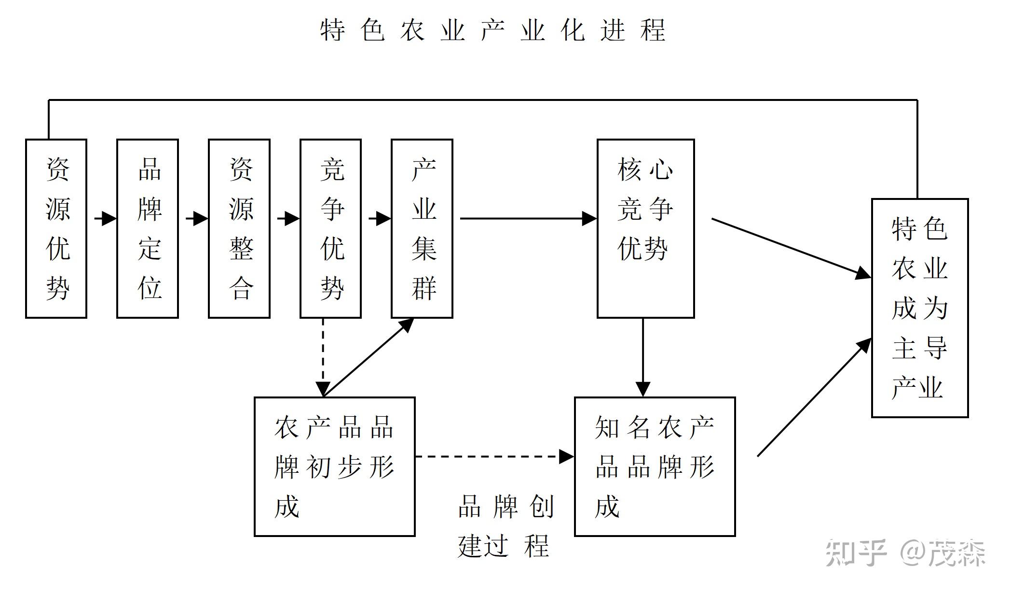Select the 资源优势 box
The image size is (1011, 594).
[x=56, y=228]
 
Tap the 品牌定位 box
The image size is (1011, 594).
[x=148, y=228]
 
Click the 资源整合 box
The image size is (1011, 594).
[x=239, y=228]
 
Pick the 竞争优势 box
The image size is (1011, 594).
[x=330, y=228]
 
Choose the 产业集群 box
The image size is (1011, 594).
[x=422, y=228]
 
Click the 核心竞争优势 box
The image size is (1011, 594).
[x=645, y=228]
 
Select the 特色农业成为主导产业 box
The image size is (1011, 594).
[x=920, y=308]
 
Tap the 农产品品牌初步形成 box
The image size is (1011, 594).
[x=335, y=467]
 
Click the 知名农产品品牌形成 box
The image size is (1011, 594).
[x=655, y=467]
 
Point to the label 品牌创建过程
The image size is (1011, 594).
[x=505, y=526]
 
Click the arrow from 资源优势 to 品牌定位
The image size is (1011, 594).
[x=105, y=219]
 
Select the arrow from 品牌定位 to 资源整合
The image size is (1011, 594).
[x=196, y=219]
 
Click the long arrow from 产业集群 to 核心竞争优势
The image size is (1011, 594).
[x=528, y=219]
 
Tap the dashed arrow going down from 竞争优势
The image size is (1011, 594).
[x=323, y=357]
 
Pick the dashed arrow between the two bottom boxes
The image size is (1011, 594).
[x=494, y=456]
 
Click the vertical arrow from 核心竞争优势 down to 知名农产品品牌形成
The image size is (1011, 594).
[x=643, y=357]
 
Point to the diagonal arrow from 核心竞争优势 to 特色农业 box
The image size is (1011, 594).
[x=791, y=248]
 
